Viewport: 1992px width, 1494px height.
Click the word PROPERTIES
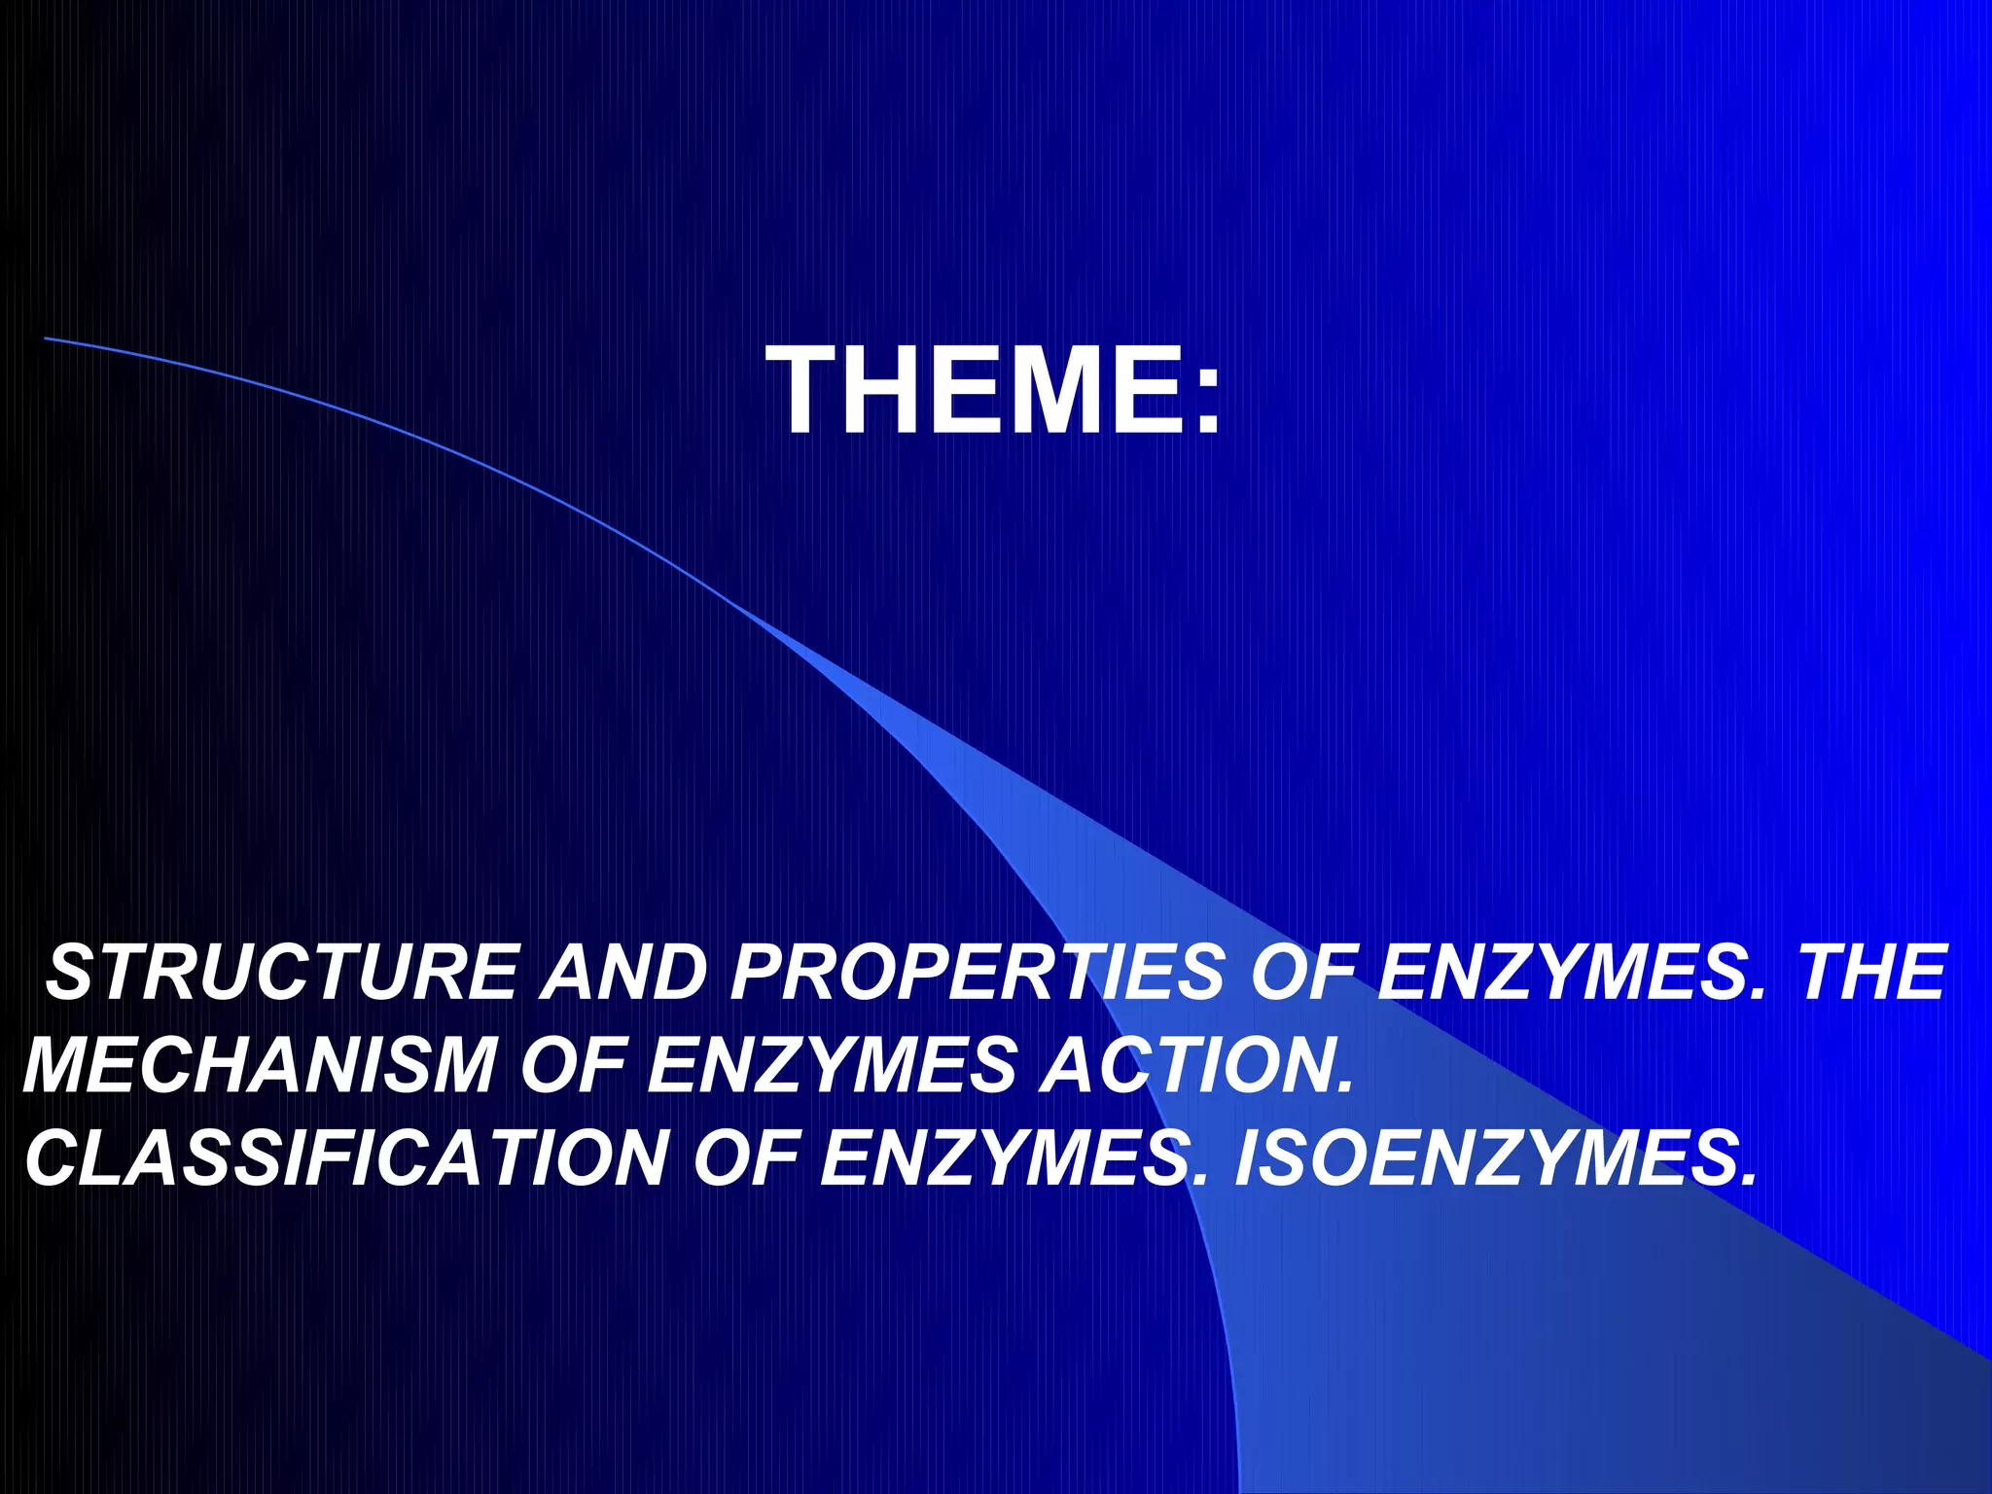pos(978,972)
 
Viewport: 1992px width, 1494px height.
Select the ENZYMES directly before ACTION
pos(833,1065)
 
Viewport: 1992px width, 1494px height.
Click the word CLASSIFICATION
pos(346,1157)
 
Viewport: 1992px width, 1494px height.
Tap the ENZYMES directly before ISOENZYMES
pos(1006,1157)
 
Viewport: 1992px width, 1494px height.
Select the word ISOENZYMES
pos(1488,1157)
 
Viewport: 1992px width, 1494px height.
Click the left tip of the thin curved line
pos(47,338)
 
